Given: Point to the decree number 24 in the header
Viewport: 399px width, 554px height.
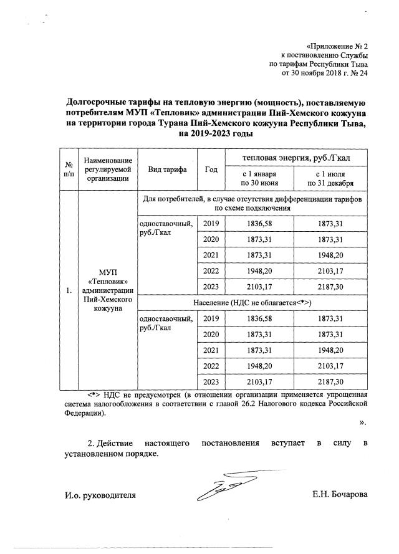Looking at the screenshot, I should [x=364, y=72].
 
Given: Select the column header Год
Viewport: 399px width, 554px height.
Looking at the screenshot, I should [x=211, y=170].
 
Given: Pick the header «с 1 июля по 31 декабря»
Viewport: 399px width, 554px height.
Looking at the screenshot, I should [x=330, y=178].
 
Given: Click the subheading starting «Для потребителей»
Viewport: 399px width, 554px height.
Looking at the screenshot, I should [x=252, y=203].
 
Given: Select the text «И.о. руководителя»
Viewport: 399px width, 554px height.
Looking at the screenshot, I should [x=100, y=495].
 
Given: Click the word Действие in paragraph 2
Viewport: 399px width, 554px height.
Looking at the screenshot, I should [x=117, y=443].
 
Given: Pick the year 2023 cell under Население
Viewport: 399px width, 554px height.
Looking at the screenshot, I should [x=211, y=381].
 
